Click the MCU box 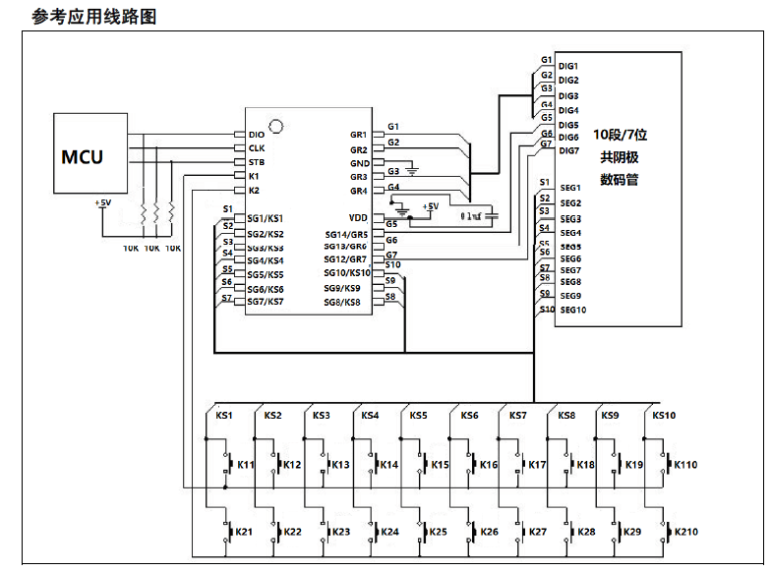pyautogui.click(x=90, y=155)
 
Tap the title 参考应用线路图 pyautogui.click(x=94, y=16)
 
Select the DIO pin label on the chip pyautogui.click(x=257, y=134)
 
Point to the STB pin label pyautogui.click(x=257, y=161)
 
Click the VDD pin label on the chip pyautogui.click(x=358, y=217)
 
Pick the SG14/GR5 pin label pyautogui.click(x=346, y=235)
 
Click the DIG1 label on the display pyautogui.click(x=568, y=66)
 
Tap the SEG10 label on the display pyautogui.click(x=572, y=310)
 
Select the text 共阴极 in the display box pyautogui.click(x=619, y=157)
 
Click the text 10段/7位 pyautogui.click(x=620, y=134)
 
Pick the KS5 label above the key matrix pyautogui.click(x=419, y=416)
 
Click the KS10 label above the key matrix pyautogui.click(x=664, y=416)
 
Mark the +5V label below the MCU pyautogui.click(x=102, y=203)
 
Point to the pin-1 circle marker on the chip pyautogui.click(x=276, y=125)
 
